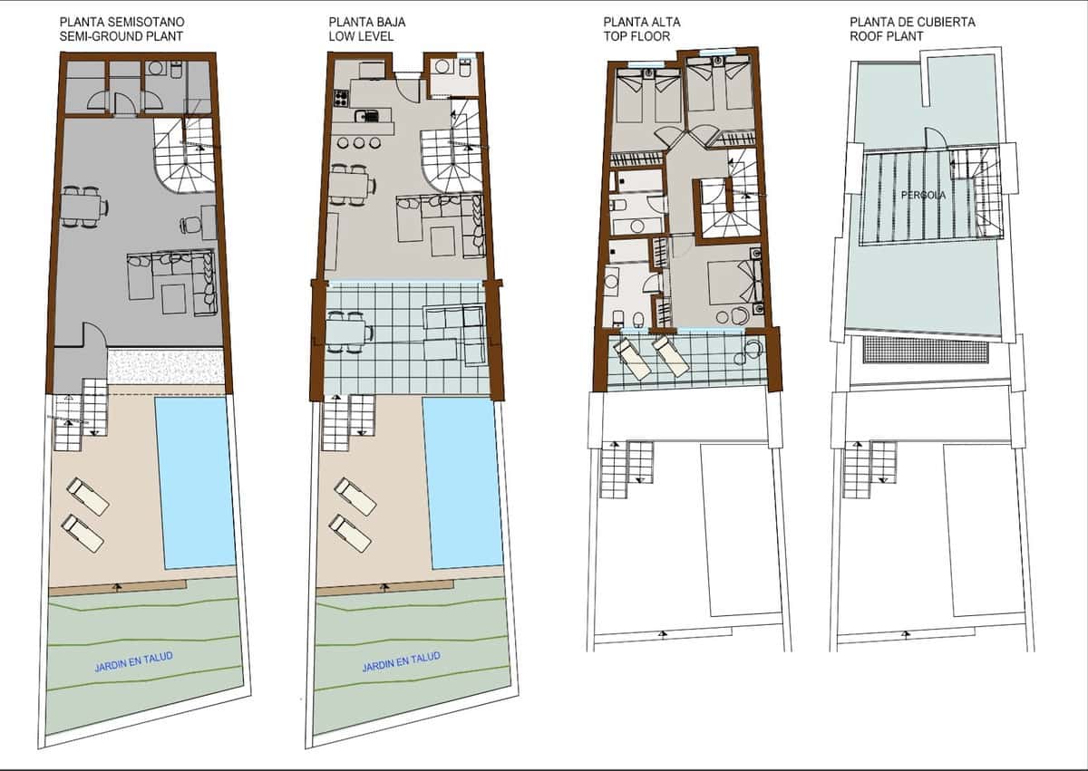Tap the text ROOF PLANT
pyautogui.click(x=887, y=36)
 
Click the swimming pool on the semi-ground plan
pyautogui.click(x=195, y=480)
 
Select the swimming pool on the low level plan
pyautogui.click(x=462, y=480)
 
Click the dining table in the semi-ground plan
pyautogui.click(x=83, y=207)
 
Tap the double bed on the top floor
pyautogui.click(x=729, y=281)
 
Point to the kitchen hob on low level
pyautogui.click(x=342, y=97)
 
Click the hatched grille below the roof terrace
pyautogui.click(x=925, y=350)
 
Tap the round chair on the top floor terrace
pyautogui.click(x=752, y=352)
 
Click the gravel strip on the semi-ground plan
pyautogui.click(x=165, y=366)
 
